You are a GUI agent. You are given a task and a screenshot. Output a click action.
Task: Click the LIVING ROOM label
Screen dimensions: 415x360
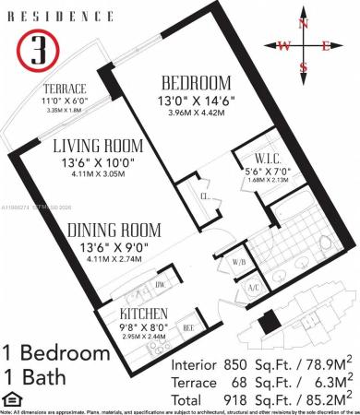pos(97,146)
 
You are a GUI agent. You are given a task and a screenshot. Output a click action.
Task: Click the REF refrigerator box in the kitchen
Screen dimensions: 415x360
pos(189,325)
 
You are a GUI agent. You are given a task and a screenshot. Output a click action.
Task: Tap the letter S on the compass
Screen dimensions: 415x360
pos(303,66)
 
